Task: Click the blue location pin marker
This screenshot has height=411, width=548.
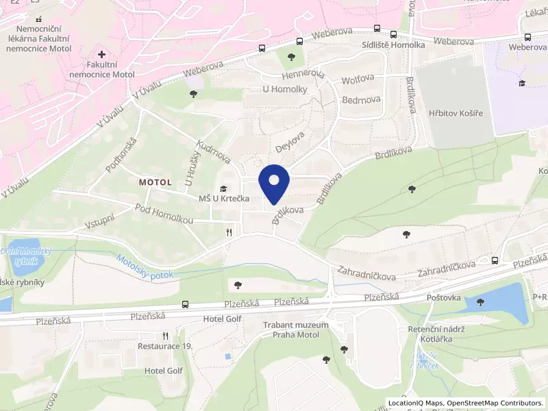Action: (x=274, y=184)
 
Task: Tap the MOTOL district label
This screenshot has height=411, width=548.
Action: (x=160, y=183)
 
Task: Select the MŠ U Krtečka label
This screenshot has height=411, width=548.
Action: (x=223, y=199)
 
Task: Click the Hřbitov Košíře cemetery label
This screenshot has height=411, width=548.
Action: (x=451, y=113)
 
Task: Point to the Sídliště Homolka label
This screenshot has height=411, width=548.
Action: (x=393, y=45)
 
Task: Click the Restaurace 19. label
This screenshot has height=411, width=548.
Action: (x=165, y=347)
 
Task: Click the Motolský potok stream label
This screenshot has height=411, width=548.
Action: (x=145, y=267)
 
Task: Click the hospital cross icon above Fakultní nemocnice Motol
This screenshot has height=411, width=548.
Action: (x=102, y=53)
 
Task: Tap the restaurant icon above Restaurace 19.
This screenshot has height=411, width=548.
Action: (x=165, y=336)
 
